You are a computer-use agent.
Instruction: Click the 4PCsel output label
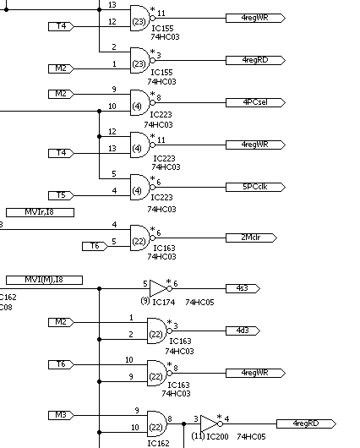point(255,102)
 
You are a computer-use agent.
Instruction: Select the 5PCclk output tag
point(255,187)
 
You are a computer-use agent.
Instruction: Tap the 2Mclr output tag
point(251,238)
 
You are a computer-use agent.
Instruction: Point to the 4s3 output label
point(243,288)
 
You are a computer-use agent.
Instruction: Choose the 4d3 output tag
point(243,331)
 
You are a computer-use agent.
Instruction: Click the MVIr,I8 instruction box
point(40,212)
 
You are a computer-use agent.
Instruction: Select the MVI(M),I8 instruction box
point(44,280)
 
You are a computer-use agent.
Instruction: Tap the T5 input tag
point(61,195)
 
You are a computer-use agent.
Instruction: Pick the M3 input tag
point(61,415)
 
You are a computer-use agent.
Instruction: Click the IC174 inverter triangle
point(158,288)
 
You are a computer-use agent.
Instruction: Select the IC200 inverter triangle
point(209,423)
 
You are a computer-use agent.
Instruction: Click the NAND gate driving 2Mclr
point(140,238)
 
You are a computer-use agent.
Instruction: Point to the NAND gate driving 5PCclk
point(140,187)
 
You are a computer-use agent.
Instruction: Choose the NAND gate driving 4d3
point(157,331)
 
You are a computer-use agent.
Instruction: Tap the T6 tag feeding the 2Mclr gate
point(95,246)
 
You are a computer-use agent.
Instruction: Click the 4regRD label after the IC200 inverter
point(306,423)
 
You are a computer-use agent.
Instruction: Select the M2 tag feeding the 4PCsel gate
point(61,94)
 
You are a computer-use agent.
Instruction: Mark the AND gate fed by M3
point(157,423)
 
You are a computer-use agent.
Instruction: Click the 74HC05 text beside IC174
point(199,303)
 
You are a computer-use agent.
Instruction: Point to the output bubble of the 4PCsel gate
point(153,102)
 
